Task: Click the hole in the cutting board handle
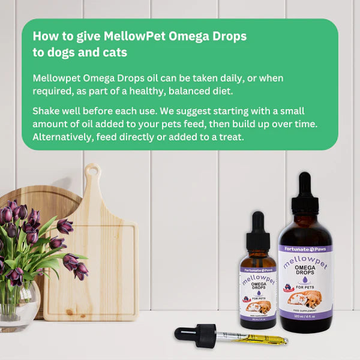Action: click(x=92, y=173)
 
